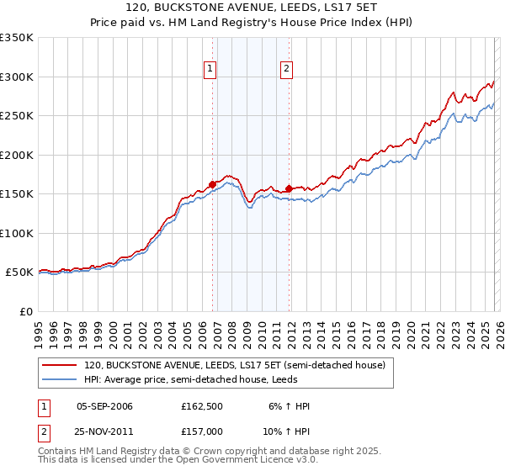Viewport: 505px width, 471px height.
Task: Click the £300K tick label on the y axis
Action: tap(17, 77)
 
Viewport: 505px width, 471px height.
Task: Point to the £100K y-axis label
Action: tap(17, 233)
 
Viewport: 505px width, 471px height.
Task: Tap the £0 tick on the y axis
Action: tap(24, 311)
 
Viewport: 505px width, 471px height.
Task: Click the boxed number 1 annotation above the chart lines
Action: tap(210, 70)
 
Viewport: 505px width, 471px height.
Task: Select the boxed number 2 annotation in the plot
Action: tap(286, 70)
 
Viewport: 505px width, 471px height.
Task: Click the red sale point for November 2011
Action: tap(290, 188)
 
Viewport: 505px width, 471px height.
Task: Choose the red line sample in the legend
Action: tap(61, 366)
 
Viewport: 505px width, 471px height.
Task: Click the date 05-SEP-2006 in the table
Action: tap(104, 406)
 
